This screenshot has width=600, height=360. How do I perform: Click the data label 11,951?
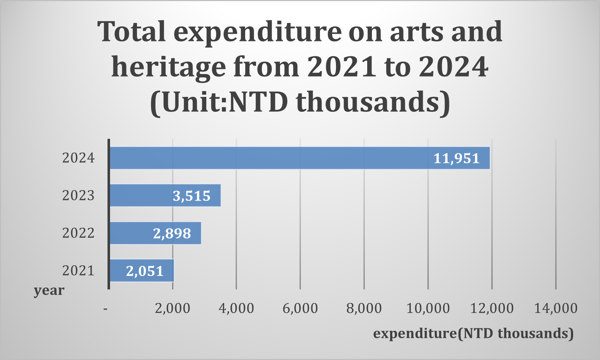click(x=457, y=159)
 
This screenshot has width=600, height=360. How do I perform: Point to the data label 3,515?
click(x=191, y=196)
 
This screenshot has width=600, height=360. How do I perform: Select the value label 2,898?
click(x=172, y=233)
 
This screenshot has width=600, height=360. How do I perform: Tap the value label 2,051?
click(x=145, y=271)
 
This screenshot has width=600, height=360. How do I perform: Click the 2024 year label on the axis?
click(x=78, y=158)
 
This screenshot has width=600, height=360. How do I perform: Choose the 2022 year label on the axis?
click(x=78, y=233)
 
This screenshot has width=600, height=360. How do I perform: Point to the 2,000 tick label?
click(x=173, y=308)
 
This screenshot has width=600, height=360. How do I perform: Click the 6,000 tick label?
click(x=300, y=308)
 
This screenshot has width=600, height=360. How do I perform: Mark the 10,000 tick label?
click(x=428, y=308)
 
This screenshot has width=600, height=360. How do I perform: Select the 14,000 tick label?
click(x=556, y=308)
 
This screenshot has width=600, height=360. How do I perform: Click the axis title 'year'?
click(x=49, y=290)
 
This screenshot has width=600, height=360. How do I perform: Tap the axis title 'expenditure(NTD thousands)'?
click(x=473, y=333)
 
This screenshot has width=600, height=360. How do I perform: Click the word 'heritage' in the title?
click(x=169, y=67)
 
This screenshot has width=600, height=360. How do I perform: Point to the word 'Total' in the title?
click(x=131, y=32)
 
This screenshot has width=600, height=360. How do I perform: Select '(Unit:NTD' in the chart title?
click(x=219, y=102)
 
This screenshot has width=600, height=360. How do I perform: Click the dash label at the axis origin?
click(x=105, y=309)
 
